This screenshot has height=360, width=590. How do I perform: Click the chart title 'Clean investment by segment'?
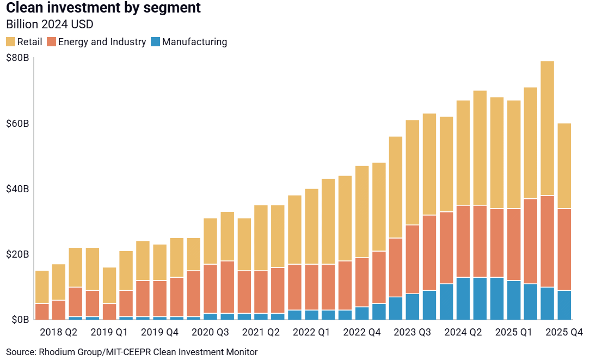pos(103,8)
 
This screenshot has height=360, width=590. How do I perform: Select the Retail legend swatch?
pos(11,42)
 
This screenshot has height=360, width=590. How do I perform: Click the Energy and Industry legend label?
pos(102,42)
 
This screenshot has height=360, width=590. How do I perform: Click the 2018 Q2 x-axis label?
pos(59,332)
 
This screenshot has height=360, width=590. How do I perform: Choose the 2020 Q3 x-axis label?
pos(211,332)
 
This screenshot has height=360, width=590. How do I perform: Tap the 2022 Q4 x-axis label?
pos(362,332)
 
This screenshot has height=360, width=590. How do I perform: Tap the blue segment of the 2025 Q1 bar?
pos(514,300)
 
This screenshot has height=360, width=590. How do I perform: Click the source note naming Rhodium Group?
pos(132,352)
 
